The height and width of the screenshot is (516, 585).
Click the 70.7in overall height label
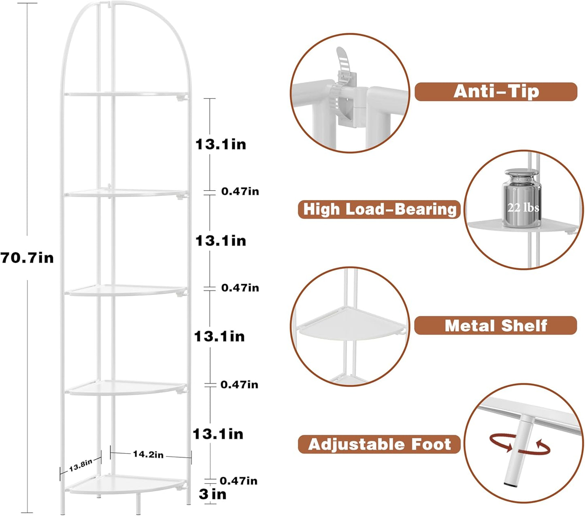click(x=27, y=258)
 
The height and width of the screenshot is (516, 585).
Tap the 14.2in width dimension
click(x=148, y=454)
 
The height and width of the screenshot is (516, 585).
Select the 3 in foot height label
click(x=213, y=494)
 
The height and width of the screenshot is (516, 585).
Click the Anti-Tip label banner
click(x=496, y=92)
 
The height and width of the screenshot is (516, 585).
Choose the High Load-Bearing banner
click(x=379, y=209)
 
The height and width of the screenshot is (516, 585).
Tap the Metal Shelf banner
click(x=495, y=326)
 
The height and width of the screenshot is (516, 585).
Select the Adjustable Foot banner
click(x=379, y=444)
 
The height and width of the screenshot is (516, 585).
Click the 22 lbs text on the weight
click(x=523, y=208)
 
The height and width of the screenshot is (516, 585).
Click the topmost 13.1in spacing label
click(x=221, y=144)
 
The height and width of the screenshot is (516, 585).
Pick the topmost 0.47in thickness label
click(x=240, y=191)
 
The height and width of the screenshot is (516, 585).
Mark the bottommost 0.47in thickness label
click(x=238, y=481)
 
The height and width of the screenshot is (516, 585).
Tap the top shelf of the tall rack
click(x=126, y=94)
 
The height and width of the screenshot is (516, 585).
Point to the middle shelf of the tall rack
click(x=126, y=290)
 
